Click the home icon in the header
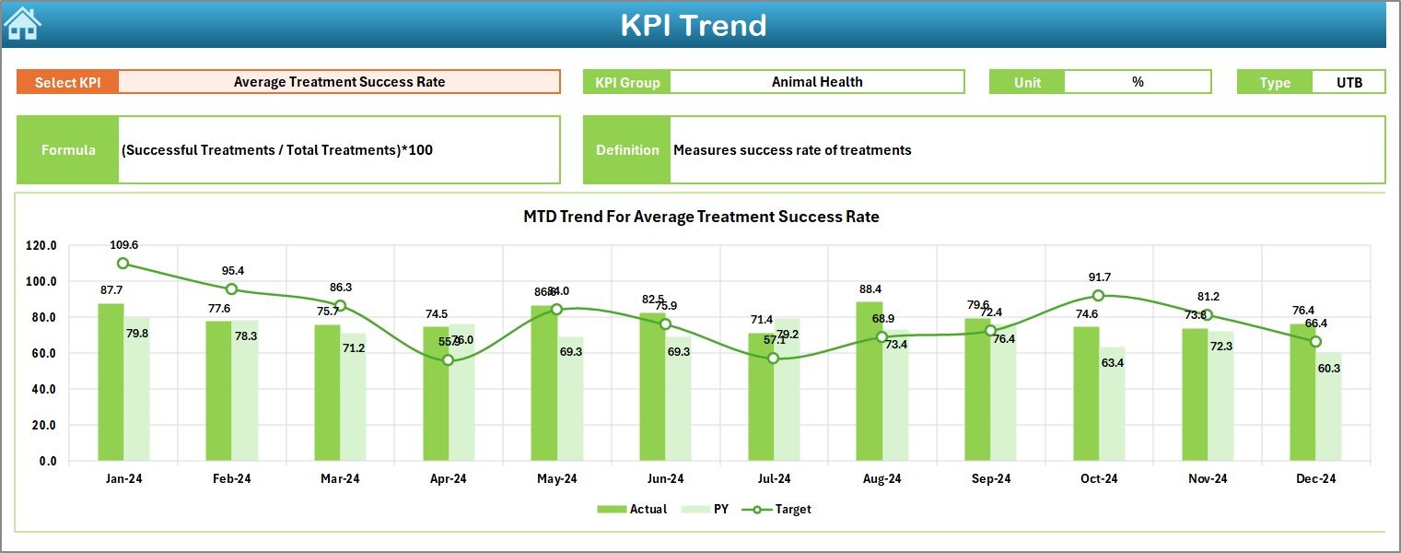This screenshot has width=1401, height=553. tap(23, 23)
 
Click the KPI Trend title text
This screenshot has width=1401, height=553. tap(693, 25)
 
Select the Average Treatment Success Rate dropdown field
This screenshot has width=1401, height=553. tap(339, 82)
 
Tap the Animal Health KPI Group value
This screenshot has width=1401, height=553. tap(816, 82)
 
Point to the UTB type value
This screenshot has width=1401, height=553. tap(1348, 82)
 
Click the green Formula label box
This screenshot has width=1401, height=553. tap(68, 150)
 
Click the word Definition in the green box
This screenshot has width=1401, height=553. tap(627, 150)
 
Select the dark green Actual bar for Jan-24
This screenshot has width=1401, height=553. tap(111, 382)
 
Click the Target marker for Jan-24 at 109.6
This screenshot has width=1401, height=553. tap(123, 264)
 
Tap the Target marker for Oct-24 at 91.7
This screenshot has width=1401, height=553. tap(1098, 296)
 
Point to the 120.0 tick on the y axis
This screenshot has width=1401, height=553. tap(41, 246)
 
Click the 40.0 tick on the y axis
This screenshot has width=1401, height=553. tap(41, 389)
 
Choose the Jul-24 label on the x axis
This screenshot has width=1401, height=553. tap(774, 479)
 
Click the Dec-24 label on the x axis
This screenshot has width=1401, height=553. tap(1316, 479)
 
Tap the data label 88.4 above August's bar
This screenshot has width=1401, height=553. tap(869, 288)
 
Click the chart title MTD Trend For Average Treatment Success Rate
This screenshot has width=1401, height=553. tap(701, 218)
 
